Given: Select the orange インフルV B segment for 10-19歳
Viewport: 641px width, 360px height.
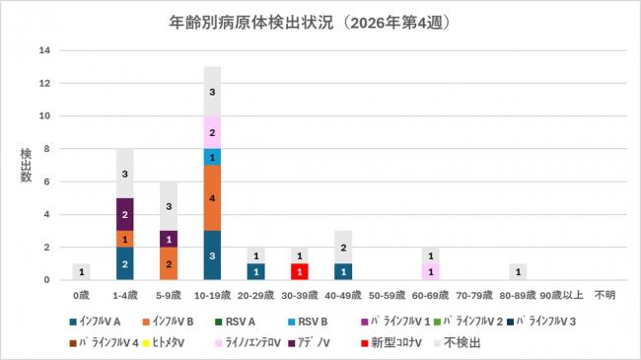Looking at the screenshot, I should coord(212,198).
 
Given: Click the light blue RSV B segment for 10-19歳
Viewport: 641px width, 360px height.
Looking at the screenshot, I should coord(212,157).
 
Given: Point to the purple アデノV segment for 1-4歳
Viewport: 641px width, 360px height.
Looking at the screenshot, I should coord(125,214).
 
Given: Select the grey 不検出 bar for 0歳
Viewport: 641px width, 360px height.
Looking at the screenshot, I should coord(82,272).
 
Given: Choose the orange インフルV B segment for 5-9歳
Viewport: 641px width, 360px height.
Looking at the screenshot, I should coord(169,264).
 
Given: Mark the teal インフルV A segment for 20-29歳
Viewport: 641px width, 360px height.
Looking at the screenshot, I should coord(255,272).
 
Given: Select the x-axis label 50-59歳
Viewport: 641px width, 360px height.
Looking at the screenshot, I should coord(387,293).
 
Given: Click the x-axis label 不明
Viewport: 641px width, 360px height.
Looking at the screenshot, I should coord(605,293).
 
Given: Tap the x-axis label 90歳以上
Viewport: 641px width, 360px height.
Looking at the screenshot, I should coord(562,293).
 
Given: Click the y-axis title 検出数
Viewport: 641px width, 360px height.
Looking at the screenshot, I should coord(27,166).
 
